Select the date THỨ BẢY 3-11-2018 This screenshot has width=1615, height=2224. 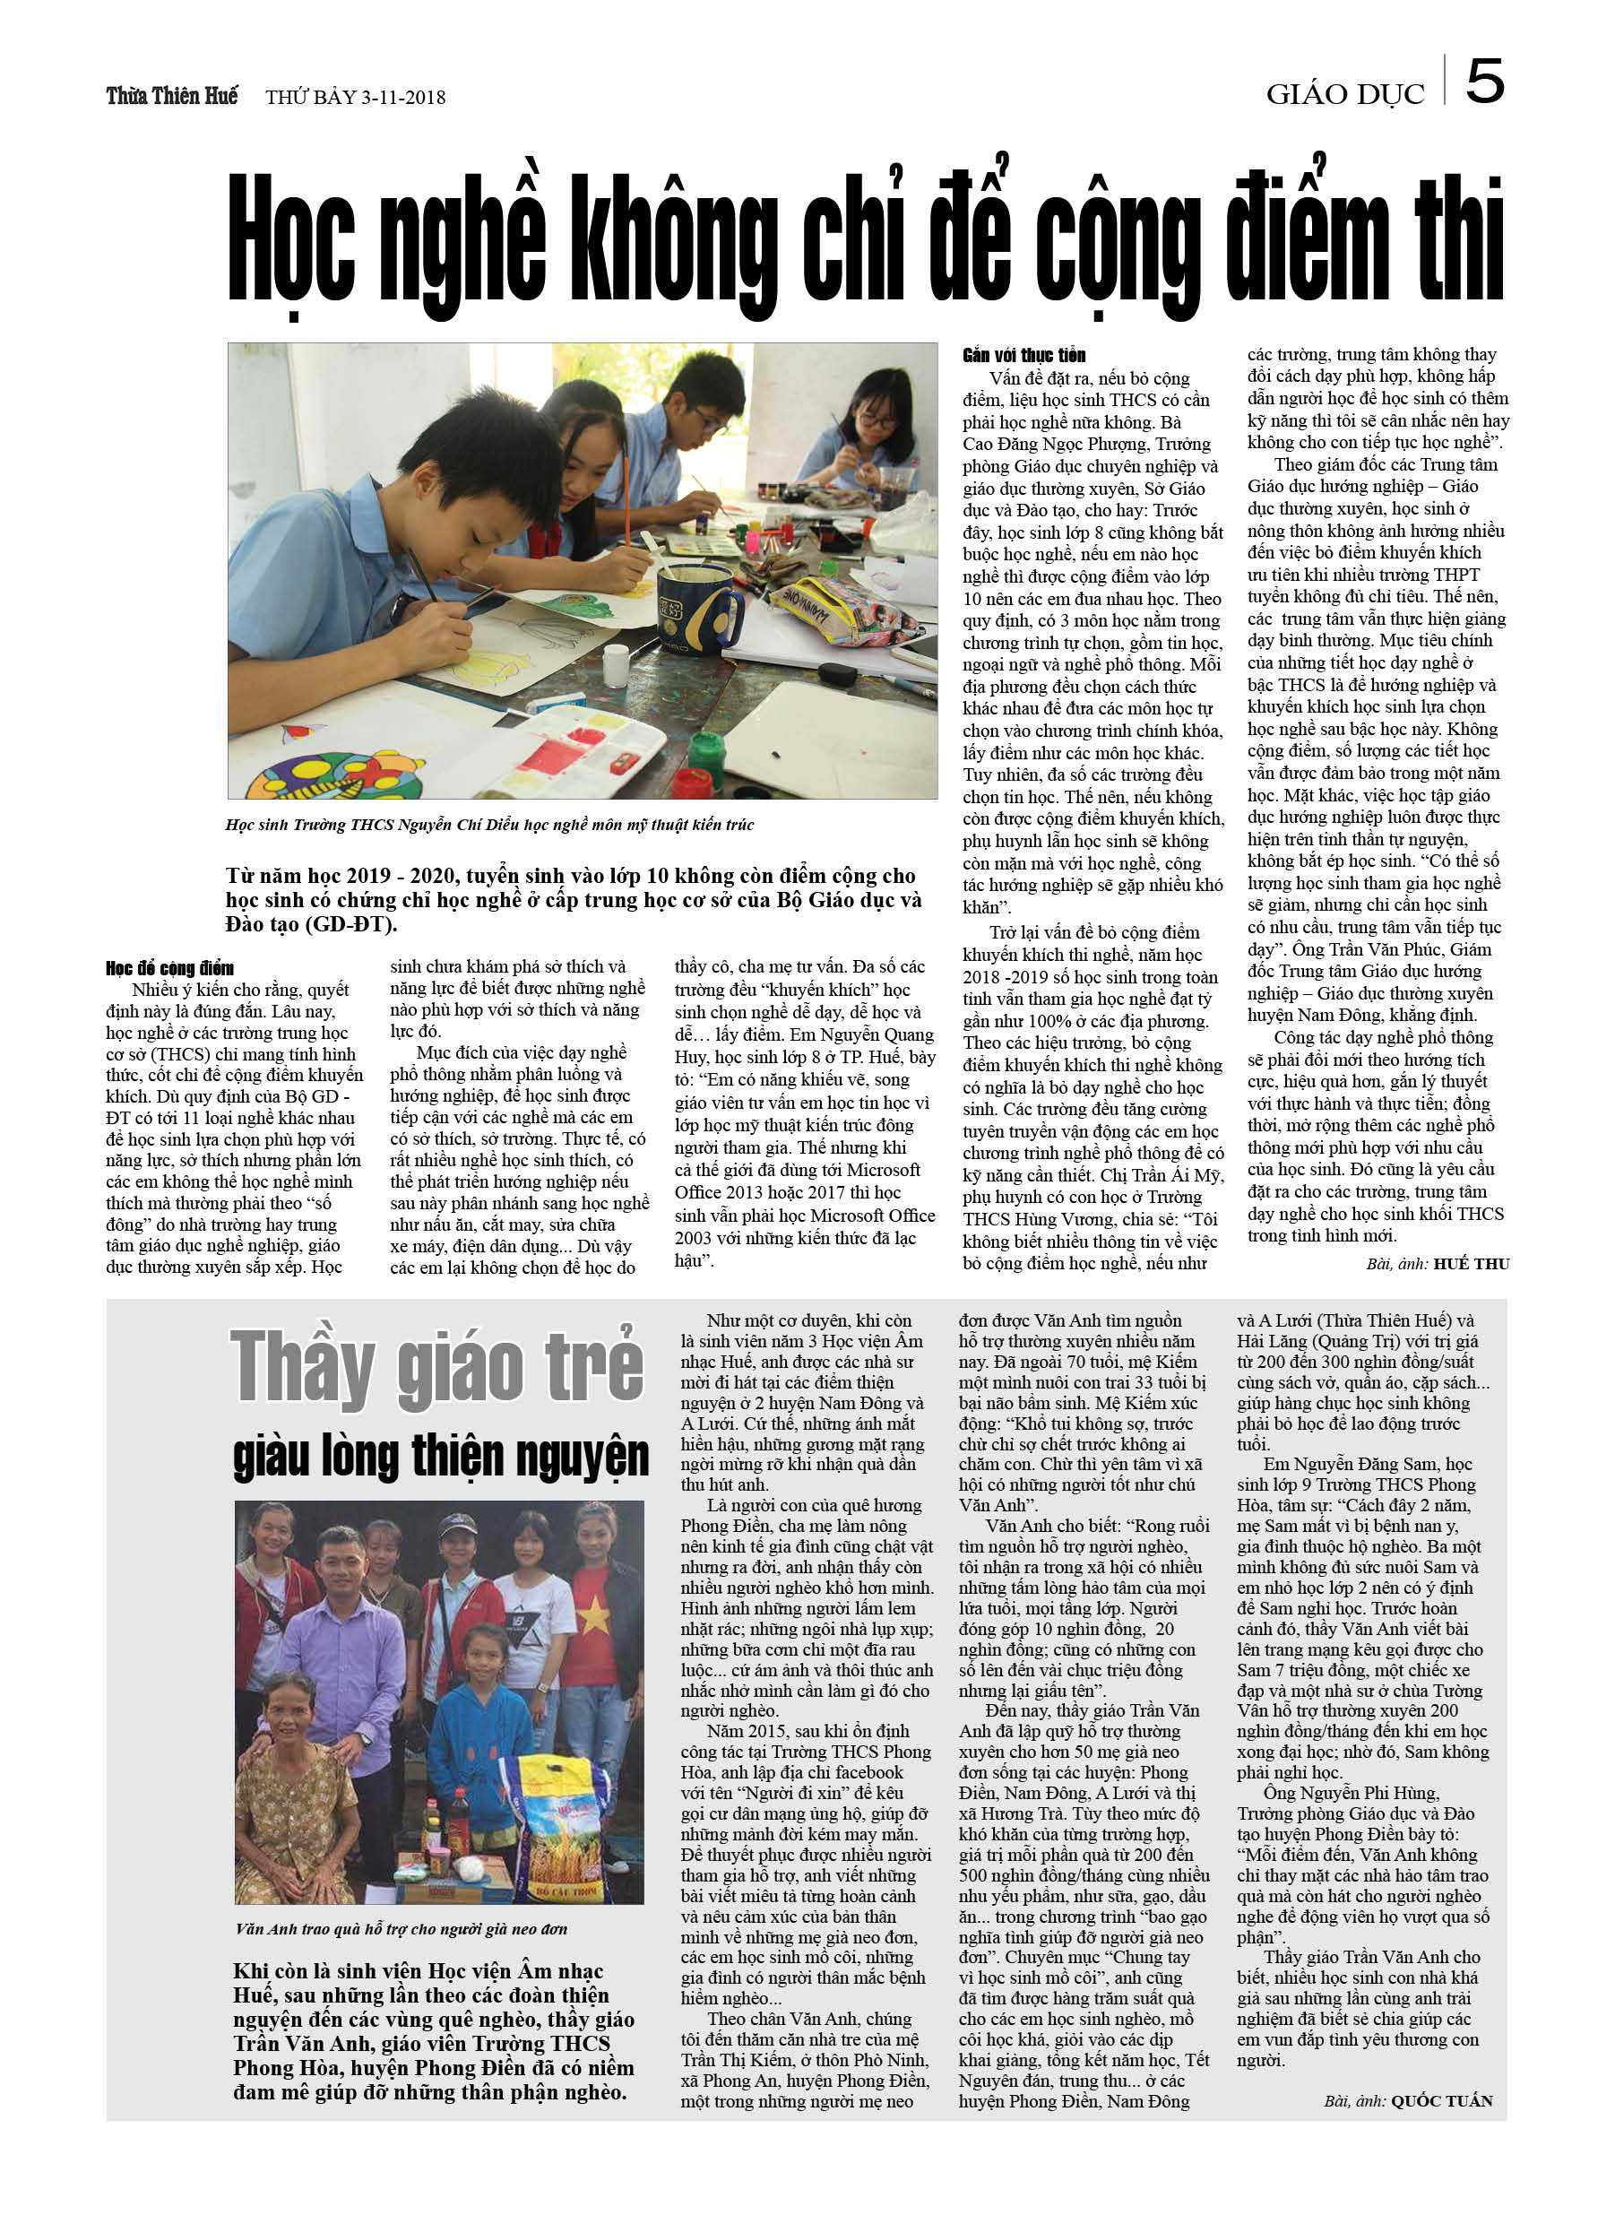tap(355, 97)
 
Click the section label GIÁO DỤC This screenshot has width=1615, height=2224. tap(1344, 95)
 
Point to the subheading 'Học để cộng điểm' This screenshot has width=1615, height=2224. tap(169, 968)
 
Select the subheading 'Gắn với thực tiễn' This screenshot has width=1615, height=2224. tap(1023, 355)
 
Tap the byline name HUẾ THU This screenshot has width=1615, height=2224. tap(1471, 1264)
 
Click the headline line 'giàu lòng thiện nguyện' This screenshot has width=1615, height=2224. tap(440, 1455)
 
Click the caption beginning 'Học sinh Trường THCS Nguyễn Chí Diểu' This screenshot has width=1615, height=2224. tap(489, 825)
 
